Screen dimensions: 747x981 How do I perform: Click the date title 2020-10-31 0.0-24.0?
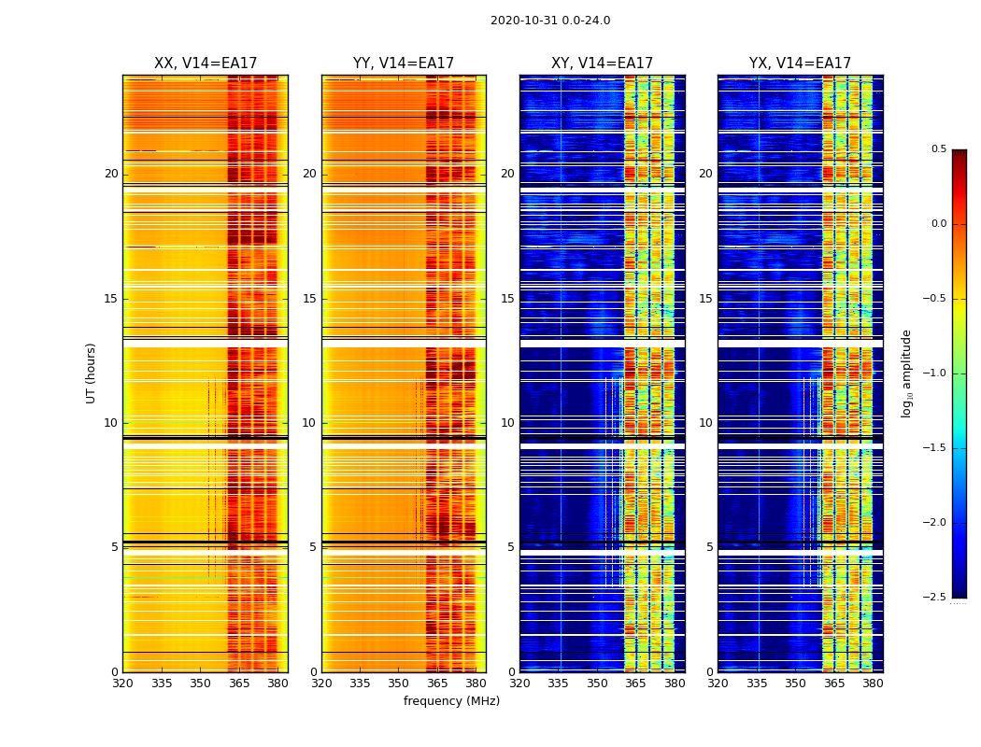pyautogui.click(x=550, y=21)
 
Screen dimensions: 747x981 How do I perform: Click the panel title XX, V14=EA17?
pyautogui.click(x=206, y=63)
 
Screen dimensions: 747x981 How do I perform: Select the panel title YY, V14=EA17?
pyautogui.click(x=404, y=63)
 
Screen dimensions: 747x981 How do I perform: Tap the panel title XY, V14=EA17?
pyautogui.click(x=602, y=63)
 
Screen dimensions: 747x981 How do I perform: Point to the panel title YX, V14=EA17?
pyautogui.click(x=800, y=63)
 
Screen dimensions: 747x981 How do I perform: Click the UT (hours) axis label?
pyautogui.click(x=92, y=373)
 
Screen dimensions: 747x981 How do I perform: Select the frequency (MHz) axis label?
pyautogui.click(x=451, y=701)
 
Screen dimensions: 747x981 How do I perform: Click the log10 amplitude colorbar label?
pyautogui.click(x=906, y=373)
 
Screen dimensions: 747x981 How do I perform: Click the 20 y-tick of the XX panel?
pyautogui.click(x=112, y=174)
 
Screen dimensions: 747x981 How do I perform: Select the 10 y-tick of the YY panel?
pyautogui.click(x=310, y=423)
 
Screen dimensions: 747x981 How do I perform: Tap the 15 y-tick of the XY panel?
pyautogui.click(x=508, y=299)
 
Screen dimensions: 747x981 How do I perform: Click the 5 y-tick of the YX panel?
pyautogui.click(x=710, y=547)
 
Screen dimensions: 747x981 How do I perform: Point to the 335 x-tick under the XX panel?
pyautogui.click(x=162, y=684)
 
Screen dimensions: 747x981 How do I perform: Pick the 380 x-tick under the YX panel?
pyautogui.click(x=873, y=684)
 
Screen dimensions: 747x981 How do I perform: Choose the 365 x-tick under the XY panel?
pyautogui.click(x=636, y=684)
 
